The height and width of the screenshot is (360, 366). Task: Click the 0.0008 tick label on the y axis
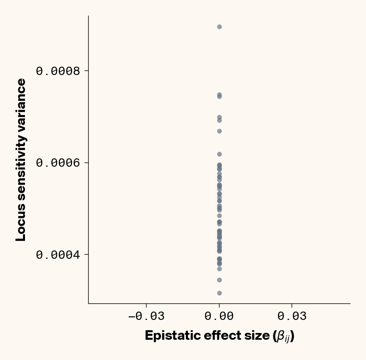click(x=58, y=71)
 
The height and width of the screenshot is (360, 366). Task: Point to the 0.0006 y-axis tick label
click(x=58, y=163)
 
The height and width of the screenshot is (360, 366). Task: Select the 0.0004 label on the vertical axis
click(x=58, y=254)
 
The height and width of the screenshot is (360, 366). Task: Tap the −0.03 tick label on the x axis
click(x=146, y=316)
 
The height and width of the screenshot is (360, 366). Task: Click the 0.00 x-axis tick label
click(x=219, y=316)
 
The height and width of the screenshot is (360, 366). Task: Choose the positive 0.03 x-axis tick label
click(x=292, y=316)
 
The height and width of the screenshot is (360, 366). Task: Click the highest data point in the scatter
click(x=219, y=27)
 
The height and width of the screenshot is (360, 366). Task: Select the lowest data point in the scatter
click(x=219, y=293)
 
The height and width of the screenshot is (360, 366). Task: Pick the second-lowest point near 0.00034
click(x=219, y=280)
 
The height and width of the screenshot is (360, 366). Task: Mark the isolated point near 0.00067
click(x=219, y=131)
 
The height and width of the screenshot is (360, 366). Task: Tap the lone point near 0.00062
click(x=219, y=154)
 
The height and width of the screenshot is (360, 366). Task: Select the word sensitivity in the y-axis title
click(x=21, y=167)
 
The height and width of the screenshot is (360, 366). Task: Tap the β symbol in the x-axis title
click(x=281, y=336)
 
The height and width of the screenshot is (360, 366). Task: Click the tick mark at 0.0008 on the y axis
click(x=86, y=71)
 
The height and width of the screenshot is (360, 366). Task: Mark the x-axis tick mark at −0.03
click(x=146, y=306)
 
